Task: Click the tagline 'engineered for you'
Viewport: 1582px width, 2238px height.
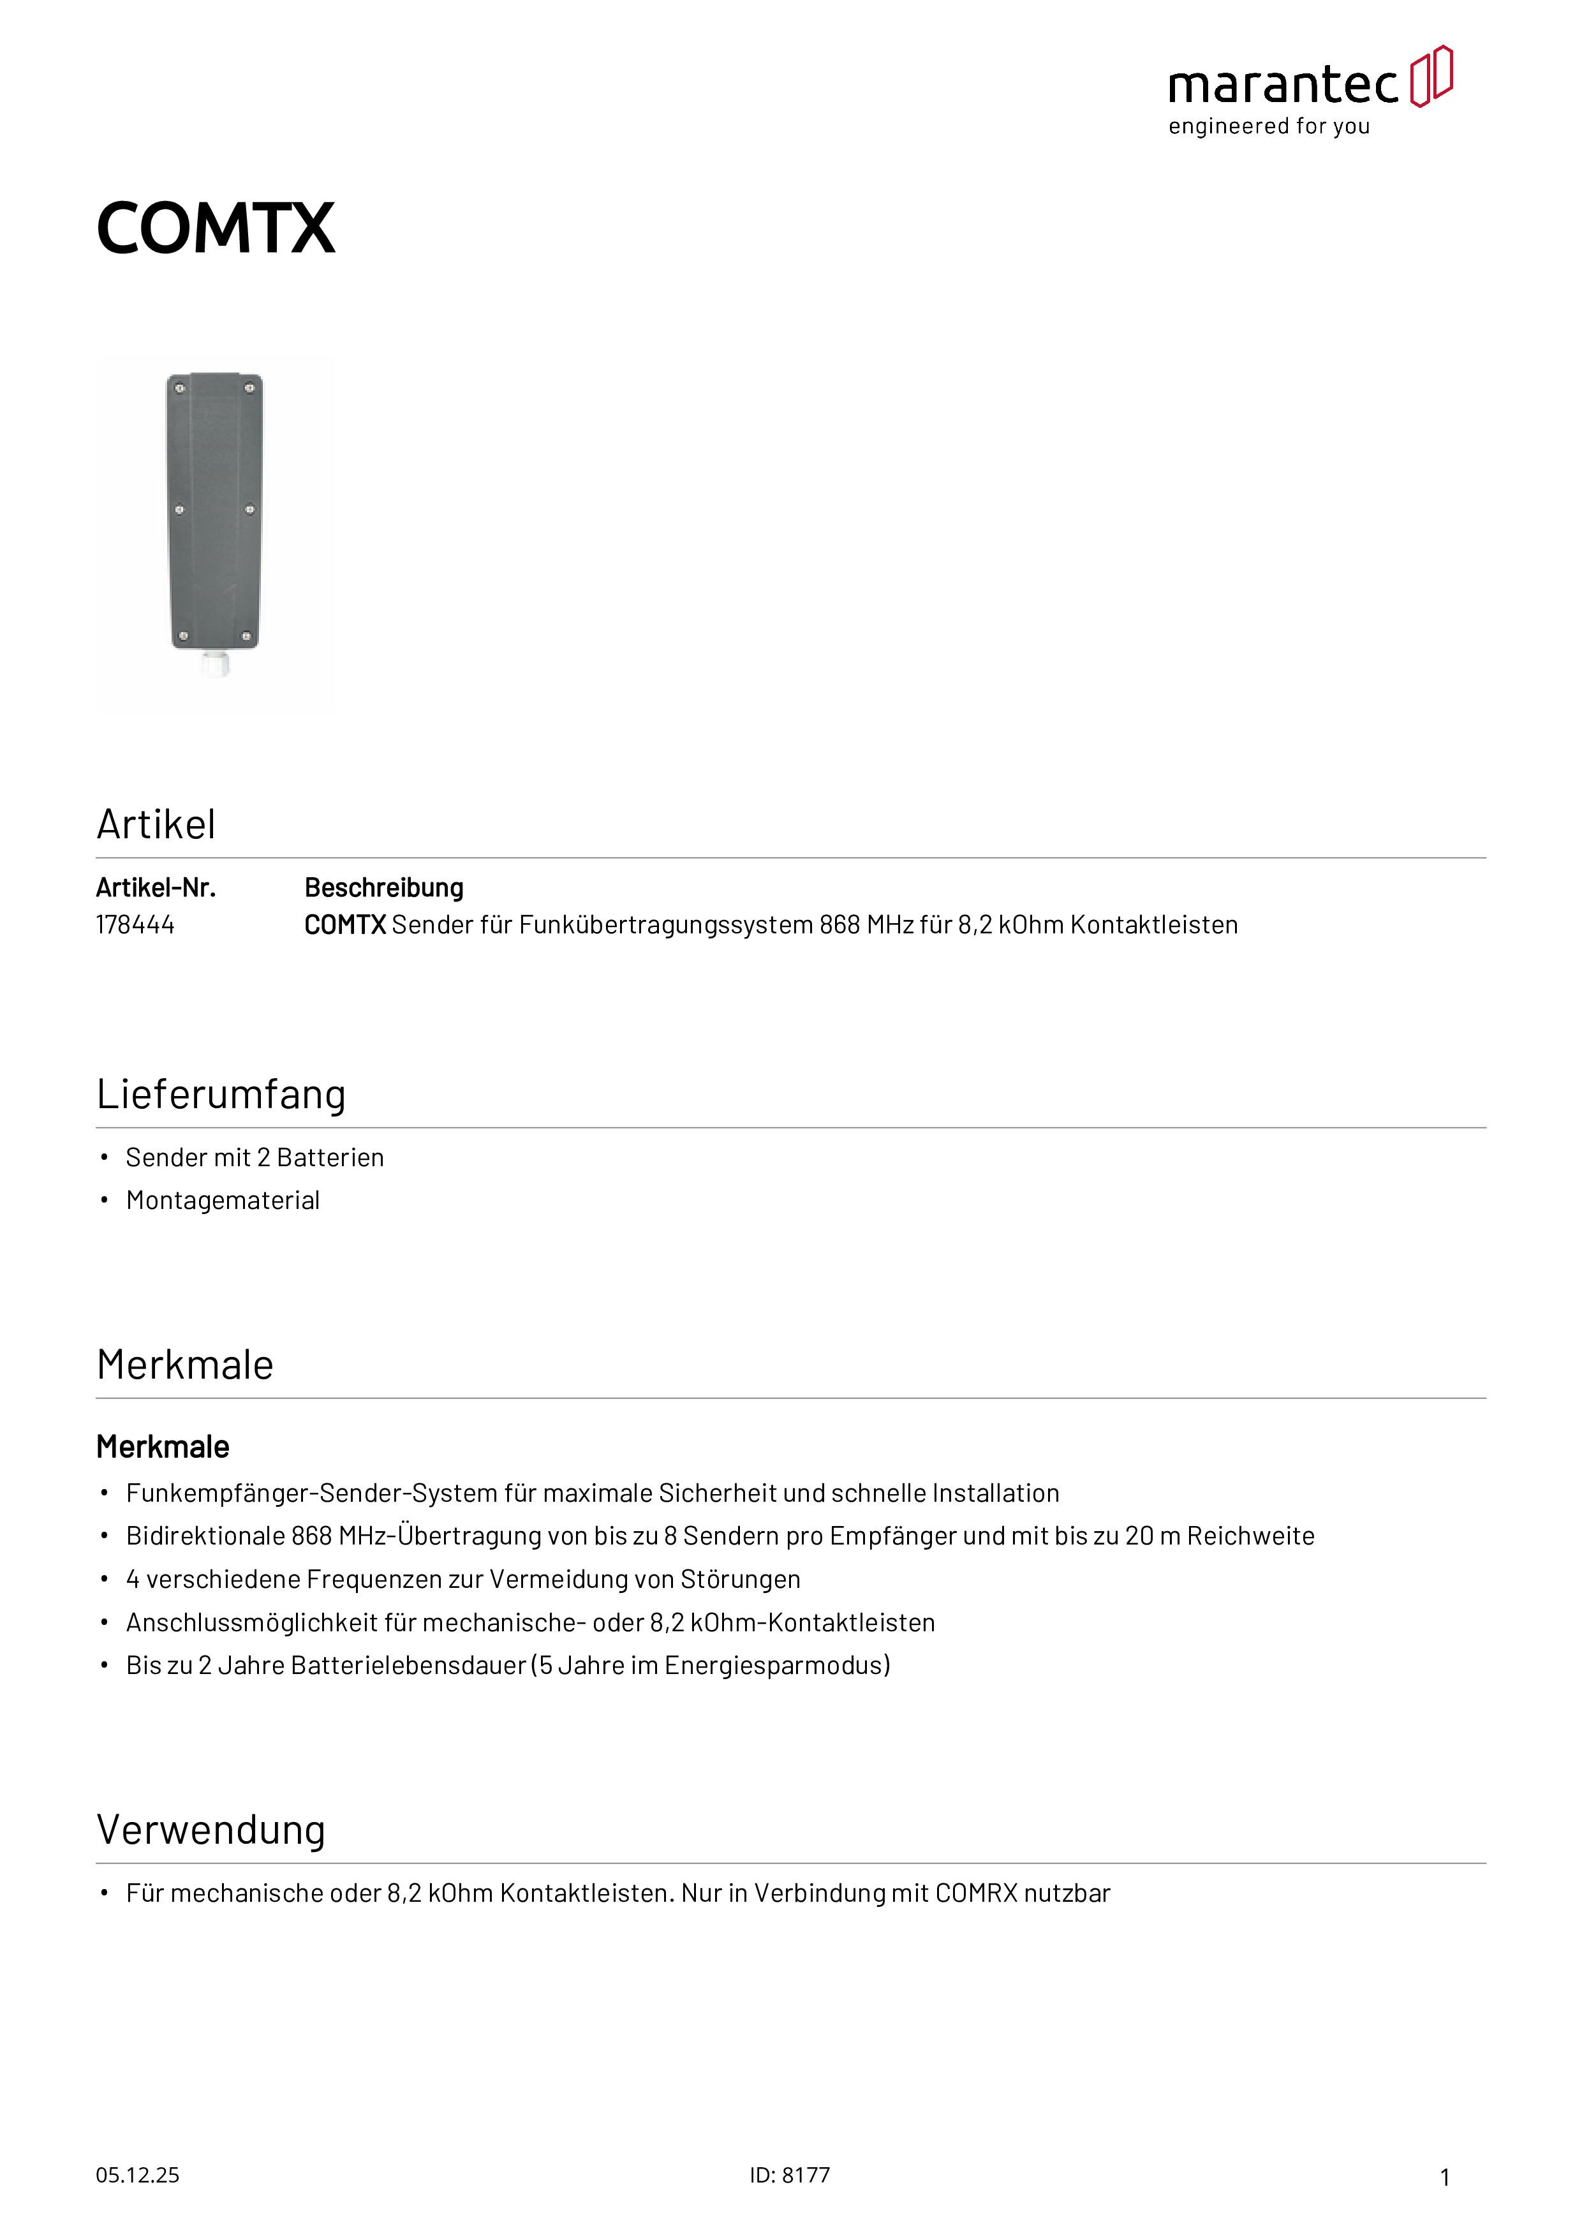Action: (x=1269, y=127)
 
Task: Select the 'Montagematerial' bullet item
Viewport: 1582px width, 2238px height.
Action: (x=223, y=1200)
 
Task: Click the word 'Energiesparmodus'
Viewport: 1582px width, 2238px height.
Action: (x=777, y=1665)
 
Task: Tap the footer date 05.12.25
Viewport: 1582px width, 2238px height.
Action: (x=137, y=2175)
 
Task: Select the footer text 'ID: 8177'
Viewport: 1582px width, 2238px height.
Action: (x=790, y=2175)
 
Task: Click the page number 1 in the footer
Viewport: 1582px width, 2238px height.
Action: (x=1445, y=2177)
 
